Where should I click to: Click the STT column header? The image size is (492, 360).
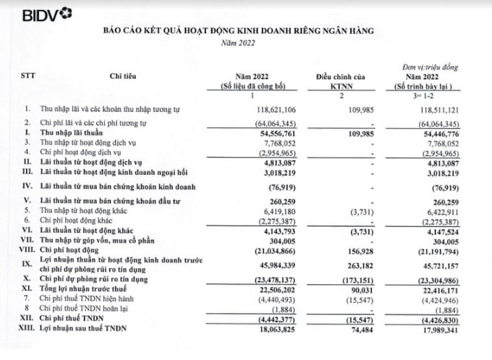coord(27,76)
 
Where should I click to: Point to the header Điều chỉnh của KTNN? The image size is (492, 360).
coord(340,80)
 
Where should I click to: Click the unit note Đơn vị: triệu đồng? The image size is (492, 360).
coord(432,66)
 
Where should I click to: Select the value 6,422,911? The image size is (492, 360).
coord(434,214)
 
